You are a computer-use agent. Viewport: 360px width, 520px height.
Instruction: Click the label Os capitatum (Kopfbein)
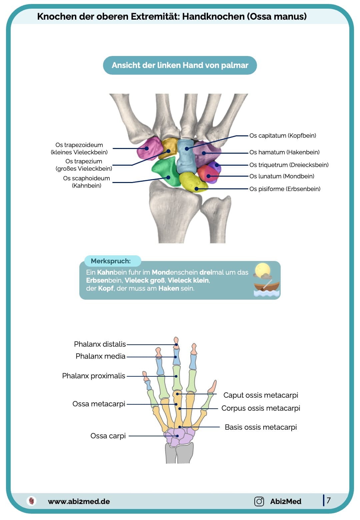pyautogui.click(x=283, y=136)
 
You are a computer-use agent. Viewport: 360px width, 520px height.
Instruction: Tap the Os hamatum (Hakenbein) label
pyautogui.click(x=284, y=152)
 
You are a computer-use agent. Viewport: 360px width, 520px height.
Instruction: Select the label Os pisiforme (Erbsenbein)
pyautogui.click(x=285, y=189)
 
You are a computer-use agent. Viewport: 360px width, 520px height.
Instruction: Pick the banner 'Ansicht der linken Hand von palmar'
pyautogui.click(x=180, y=65)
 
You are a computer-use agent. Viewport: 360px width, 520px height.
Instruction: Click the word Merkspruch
pyautogui.click(x=111, y=261)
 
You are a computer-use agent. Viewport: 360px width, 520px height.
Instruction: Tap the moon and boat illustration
pyautogui.click(x=266, y=280)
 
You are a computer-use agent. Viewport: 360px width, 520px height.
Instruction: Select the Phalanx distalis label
pyautogui.click(x=100, y=344)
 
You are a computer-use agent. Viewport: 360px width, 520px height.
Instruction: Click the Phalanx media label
pyautogui.click(x=100, y=356)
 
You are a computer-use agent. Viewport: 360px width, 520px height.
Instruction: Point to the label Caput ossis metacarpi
pyautogui.click(x=261, y=395)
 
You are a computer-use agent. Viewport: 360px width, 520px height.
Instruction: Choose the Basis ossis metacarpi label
pyautogui.click(x=261, y=427)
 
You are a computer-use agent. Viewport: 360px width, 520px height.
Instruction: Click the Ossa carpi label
pyautogui.click(x=108, y=436)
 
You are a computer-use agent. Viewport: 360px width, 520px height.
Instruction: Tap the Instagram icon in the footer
pyautogui.click(x=259, y=501)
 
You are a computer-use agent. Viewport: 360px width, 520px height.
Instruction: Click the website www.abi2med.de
pyautogui.click(x=79, y=501)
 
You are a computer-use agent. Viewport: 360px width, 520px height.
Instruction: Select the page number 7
pyautogui.click(x=329, y=500)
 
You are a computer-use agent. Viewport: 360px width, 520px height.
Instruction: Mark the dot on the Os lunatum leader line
pyautogui.click(x=208, y=176)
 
